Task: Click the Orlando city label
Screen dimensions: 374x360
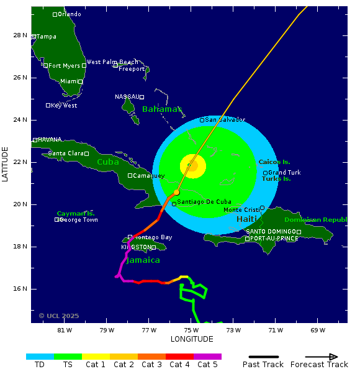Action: (x=69, y=14)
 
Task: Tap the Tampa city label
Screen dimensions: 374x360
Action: (x=46, y=37)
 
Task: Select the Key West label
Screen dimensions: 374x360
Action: (x=63, y=106)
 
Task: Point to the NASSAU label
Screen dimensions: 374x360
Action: (x=127, y=97)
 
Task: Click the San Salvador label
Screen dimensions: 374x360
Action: (x=225, y=120)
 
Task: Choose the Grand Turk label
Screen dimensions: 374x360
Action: (x=284, y=173)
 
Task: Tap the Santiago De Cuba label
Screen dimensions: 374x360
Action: (x=204, y=202)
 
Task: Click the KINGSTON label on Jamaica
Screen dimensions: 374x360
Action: (x=136, y=247)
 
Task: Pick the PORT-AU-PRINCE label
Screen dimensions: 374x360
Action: (x=274, y=239)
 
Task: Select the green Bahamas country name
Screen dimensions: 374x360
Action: (x=162, y=109)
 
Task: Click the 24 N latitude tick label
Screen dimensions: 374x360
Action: (x=20, y=120)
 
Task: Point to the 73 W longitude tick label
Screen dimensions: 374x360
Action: (x=234, y=330)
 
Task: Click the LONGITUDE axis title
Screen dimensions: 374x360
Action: (x=192, y=339)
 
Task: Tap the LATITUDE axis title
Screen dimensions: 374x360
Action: (x=6, y=164)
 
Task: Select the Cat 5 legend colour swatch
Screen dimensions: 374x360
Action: (x=207, y=357)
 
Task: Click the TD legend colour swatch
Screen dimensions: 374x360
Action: (x=40, y=357)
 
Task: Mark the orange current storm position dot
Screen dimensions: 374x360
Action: (x=177, y=192)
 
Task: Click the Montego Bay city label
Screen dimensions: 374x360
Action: (x=153, y=237)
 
